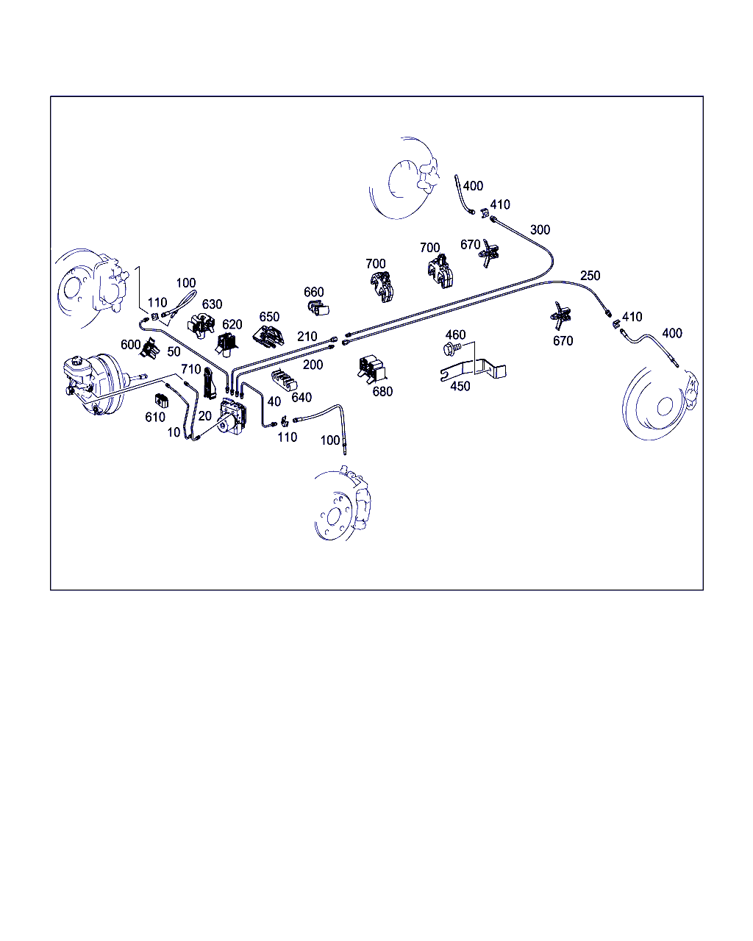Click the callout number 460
point(455,335)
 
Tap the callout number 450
point(460,386)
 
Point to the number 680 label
point(382,391)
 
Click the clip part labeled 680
point(372,368)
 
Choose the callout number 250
point(590,276)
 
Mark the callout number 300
point(540,229)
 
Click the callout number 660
point(314,292)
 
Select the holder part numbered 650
point(268,336)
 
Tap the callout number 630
point(213,304)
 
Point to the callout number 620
point(232,324)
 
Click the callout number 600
point(130,345)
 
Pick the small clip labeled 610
point(162,401)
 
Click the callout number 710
point(190,369)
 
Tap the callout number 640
point(301,397)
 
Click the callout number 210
point(307,336)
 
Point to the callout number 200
point(313,364)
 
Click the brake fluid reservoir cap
point(78,361)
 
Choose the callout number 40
point(274,401)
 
